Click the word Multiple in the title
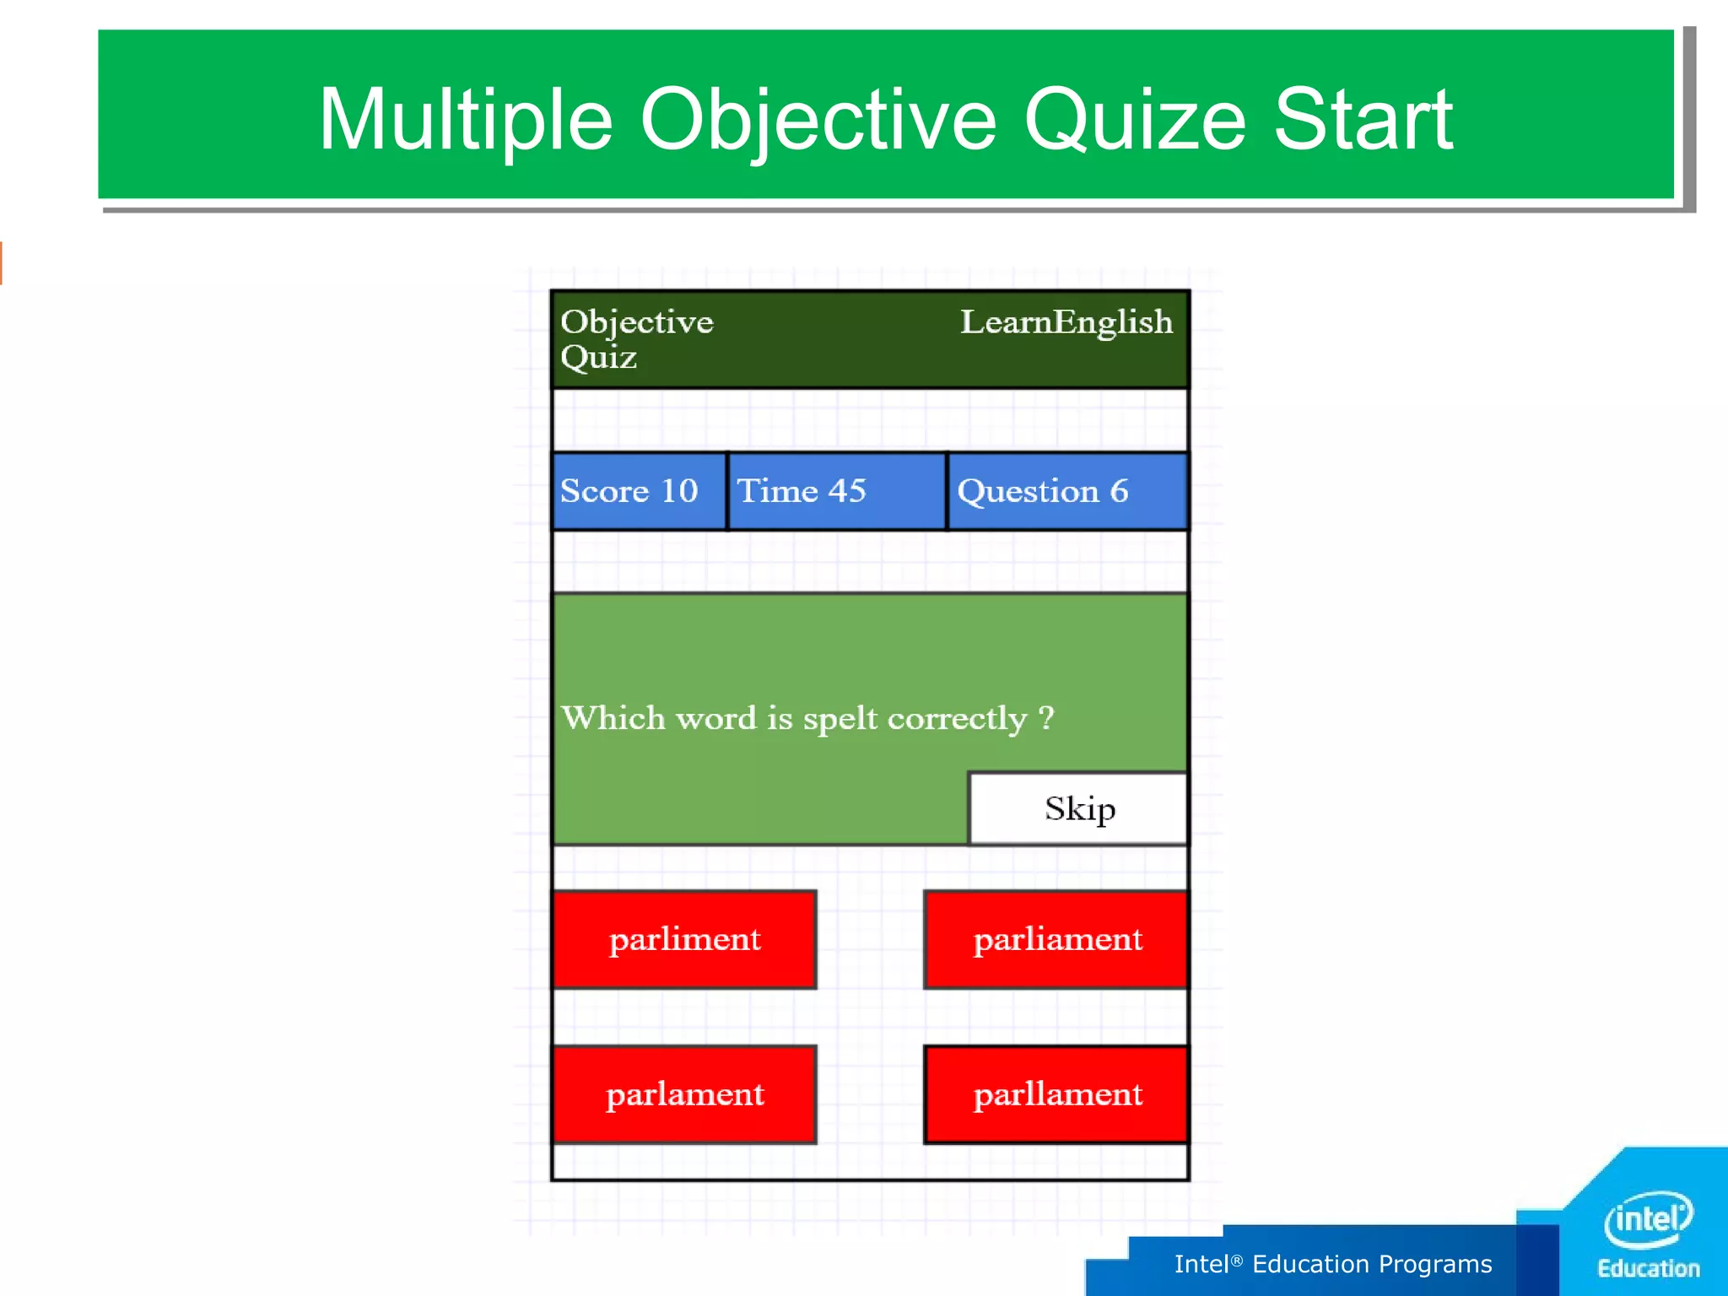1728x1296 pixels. [465, 120]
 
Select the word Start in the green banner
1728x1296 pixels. [1363, 120]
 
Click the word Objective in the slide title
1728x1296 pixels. [818, 120]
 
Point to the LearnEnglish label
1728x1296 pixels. [1066, 322]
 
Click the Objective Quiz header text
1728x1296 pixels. [636, 338]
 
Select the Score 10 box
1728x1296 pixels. [639, 491]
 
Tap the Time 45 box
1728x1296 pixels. [836, 491]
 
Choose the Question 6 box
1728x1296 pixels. [1067, 491]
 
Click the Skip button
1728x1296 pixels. [1078, 808]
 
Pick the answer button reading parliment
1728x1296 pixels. [684, 939]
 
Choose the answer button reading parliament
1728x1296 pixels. [1056, 939]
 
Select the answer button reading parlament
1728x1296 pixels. [684, 1094]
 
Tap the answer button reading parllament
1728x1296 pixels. [1056, 1094]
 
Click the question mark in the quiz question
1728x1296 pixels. [1046, 718]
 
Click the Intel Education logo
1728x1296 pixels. [1648, 1232]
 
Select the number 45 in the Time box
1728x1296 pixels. [846, 491]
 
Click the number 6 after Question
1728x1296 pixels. [1119, 491]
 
